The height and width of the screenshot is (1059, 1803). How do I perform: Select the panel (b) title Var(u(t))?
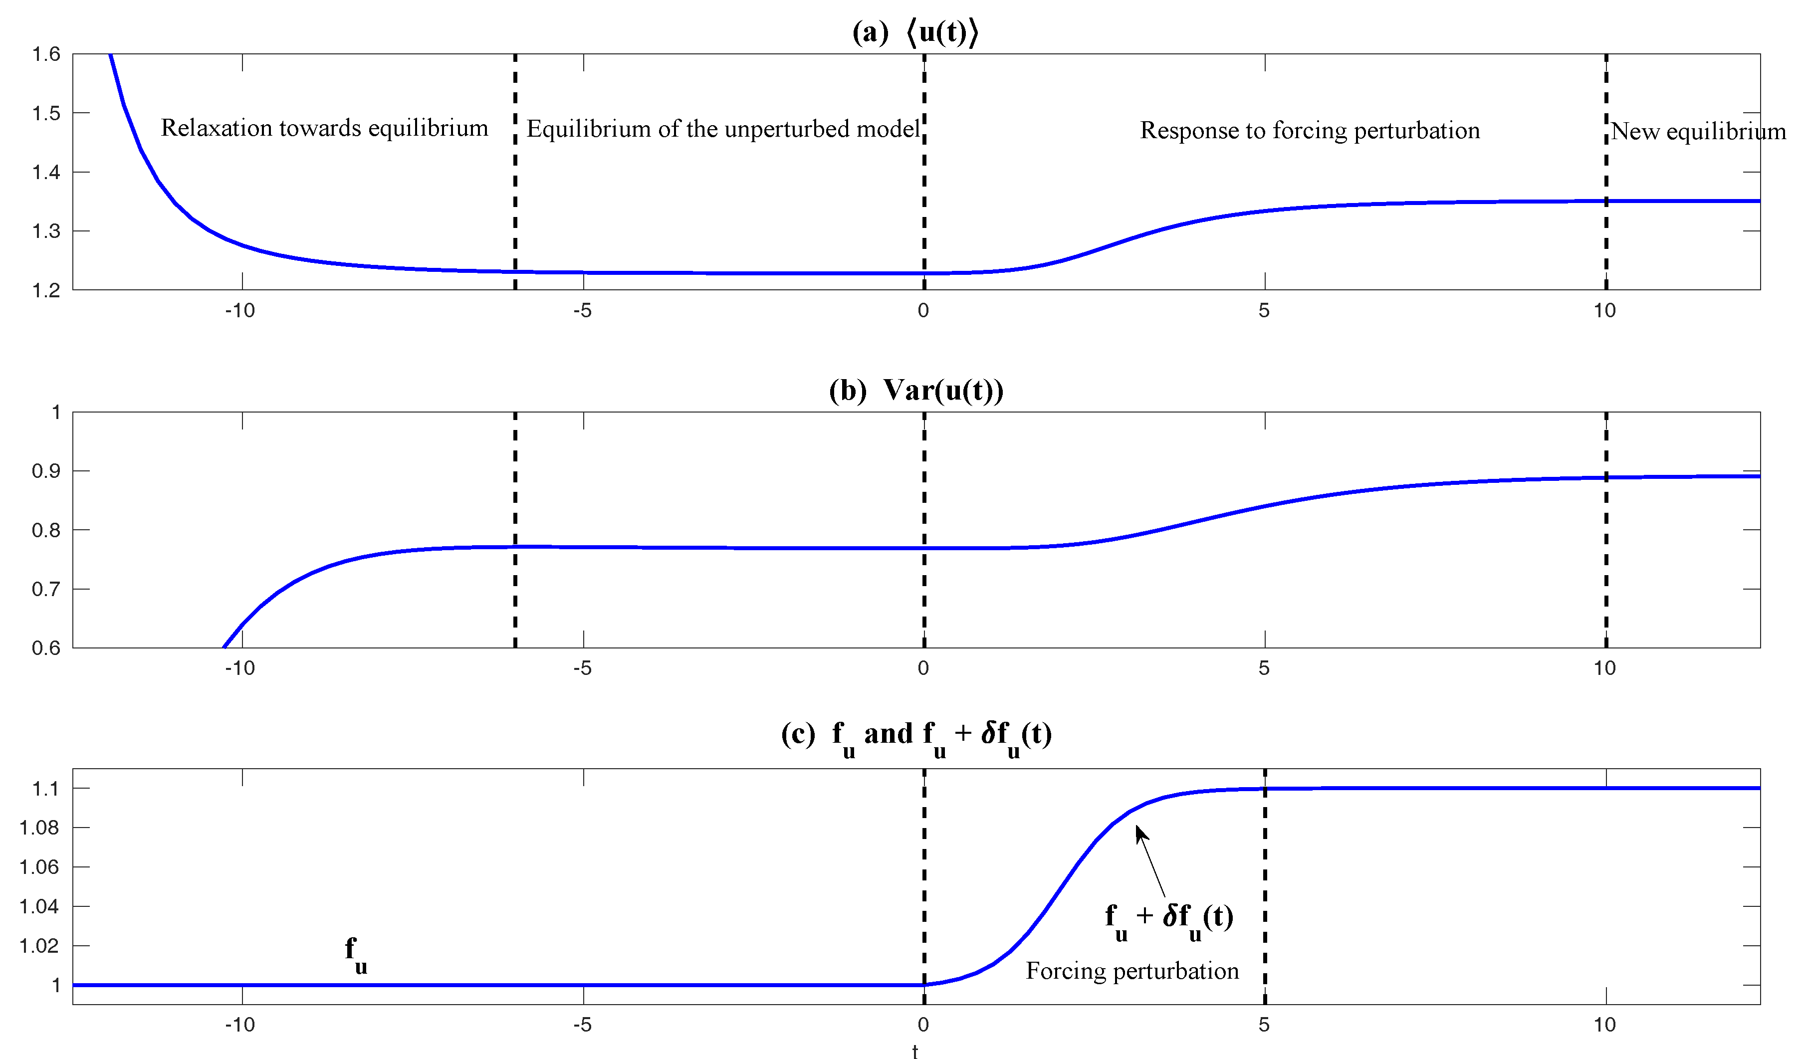pyautogui.click(x=916, y=390)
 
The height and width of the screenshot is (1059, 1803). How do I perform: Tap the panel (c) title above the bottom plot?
pyautogui.click(x=916, y=735)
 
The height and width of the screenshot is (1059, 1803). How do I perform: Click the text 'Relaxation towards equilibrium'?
pyautogui.click(x=324, y=128)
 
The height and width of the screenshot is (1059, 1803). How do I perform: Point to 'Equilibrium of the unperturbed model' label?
pyautogui.click(x=722, y=129)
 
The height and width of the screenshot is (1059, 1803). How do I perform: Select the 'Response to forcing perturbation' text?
pyautogui.click(x=1309, y=130)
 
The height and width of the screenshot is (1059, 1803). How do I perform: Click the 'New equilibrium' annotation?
pyautogui.click(x=1698, y=132)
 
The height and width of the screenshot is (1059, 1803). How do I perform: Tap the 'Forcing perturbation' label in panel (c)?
pyautogui.click(x=1132, y=971)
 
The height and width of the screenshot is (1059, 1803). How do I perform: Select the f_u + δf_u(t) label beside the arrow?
pyautogui.click(x=1169, y=919)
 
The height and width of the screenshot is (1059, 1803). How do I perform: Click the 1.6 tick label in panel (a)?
pyautogui.click(x=46, y=54)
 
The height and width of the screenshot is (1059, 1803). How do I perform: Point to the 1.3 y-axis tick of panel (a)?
pyautogui.click(x=46, y=231)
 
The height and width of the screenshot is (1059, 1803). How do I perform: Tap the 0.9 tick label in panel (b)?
pyautogui.click(x=46, y=471)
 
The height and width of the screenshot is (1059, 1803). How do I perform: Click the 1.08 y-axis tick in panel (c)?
pyautogui.click(x=38, y=828)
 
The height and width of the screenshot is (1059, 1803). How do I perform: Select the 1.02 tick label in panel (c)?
pyautogui.click(x=38, y=946)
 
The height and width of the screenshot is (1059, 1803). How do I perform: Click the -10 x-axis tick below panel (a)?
pyautogui.click(x=239, y=311)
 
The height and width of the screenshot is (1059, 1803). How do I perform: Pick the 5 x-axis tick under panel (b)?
pyautogui.click(x=1264, y=668)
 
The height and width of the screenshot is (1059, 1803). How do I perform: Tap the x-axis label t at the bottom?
pyautogui.click(x=915, y=1051)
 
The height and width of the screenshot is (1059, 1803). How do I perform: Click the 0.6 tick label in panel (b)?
pyautogui.click(x=46, y=648)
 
